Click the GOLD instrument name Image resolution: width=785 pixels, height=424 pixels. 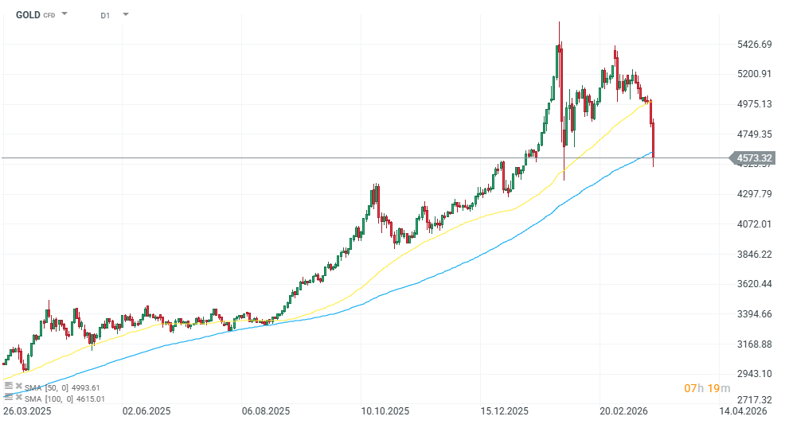pyautogui.click(x=28, y=15)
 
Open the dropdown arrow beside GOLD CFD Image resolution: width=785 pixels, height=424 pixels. pyautogui.click(x=64, y=14)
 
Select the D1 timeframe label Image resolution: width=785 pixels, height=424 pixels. pyautogui.click(x=105, y=15)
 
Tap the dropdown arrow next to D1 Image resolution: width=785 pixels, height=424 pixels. pyautogui.click(x=126, y=14)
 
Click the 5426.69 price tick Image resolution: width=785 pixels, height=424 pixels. pyautogui.click(x=755, y=44)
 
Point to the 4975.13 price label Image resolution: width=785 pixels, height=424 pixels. pyautogui.click(x=755, y=104)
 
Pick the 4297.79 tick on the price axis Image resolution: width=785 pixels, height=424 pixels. pyautogui.click(x=755, y=194)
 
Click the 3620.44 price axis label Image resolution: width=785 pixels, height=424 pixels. pyautogui.click(x=755, y=284)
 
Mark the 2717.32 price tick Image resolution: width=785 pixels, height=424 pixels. pyautogui.click(x=755, y=400)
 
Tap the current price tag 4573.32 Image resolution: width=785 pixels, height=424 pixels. pyautogui.click(x=756, y=158)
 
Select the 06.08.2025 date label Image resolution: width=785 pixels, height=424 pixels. pyautogui.click(x=267, y=411)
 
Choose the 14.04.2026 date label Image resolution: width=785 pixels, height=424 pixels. pyautogui.click(x=743, y=411)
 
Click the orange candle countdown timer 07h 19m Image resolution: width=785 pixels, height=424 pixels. pyautogui.click(x=707, y=388)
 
